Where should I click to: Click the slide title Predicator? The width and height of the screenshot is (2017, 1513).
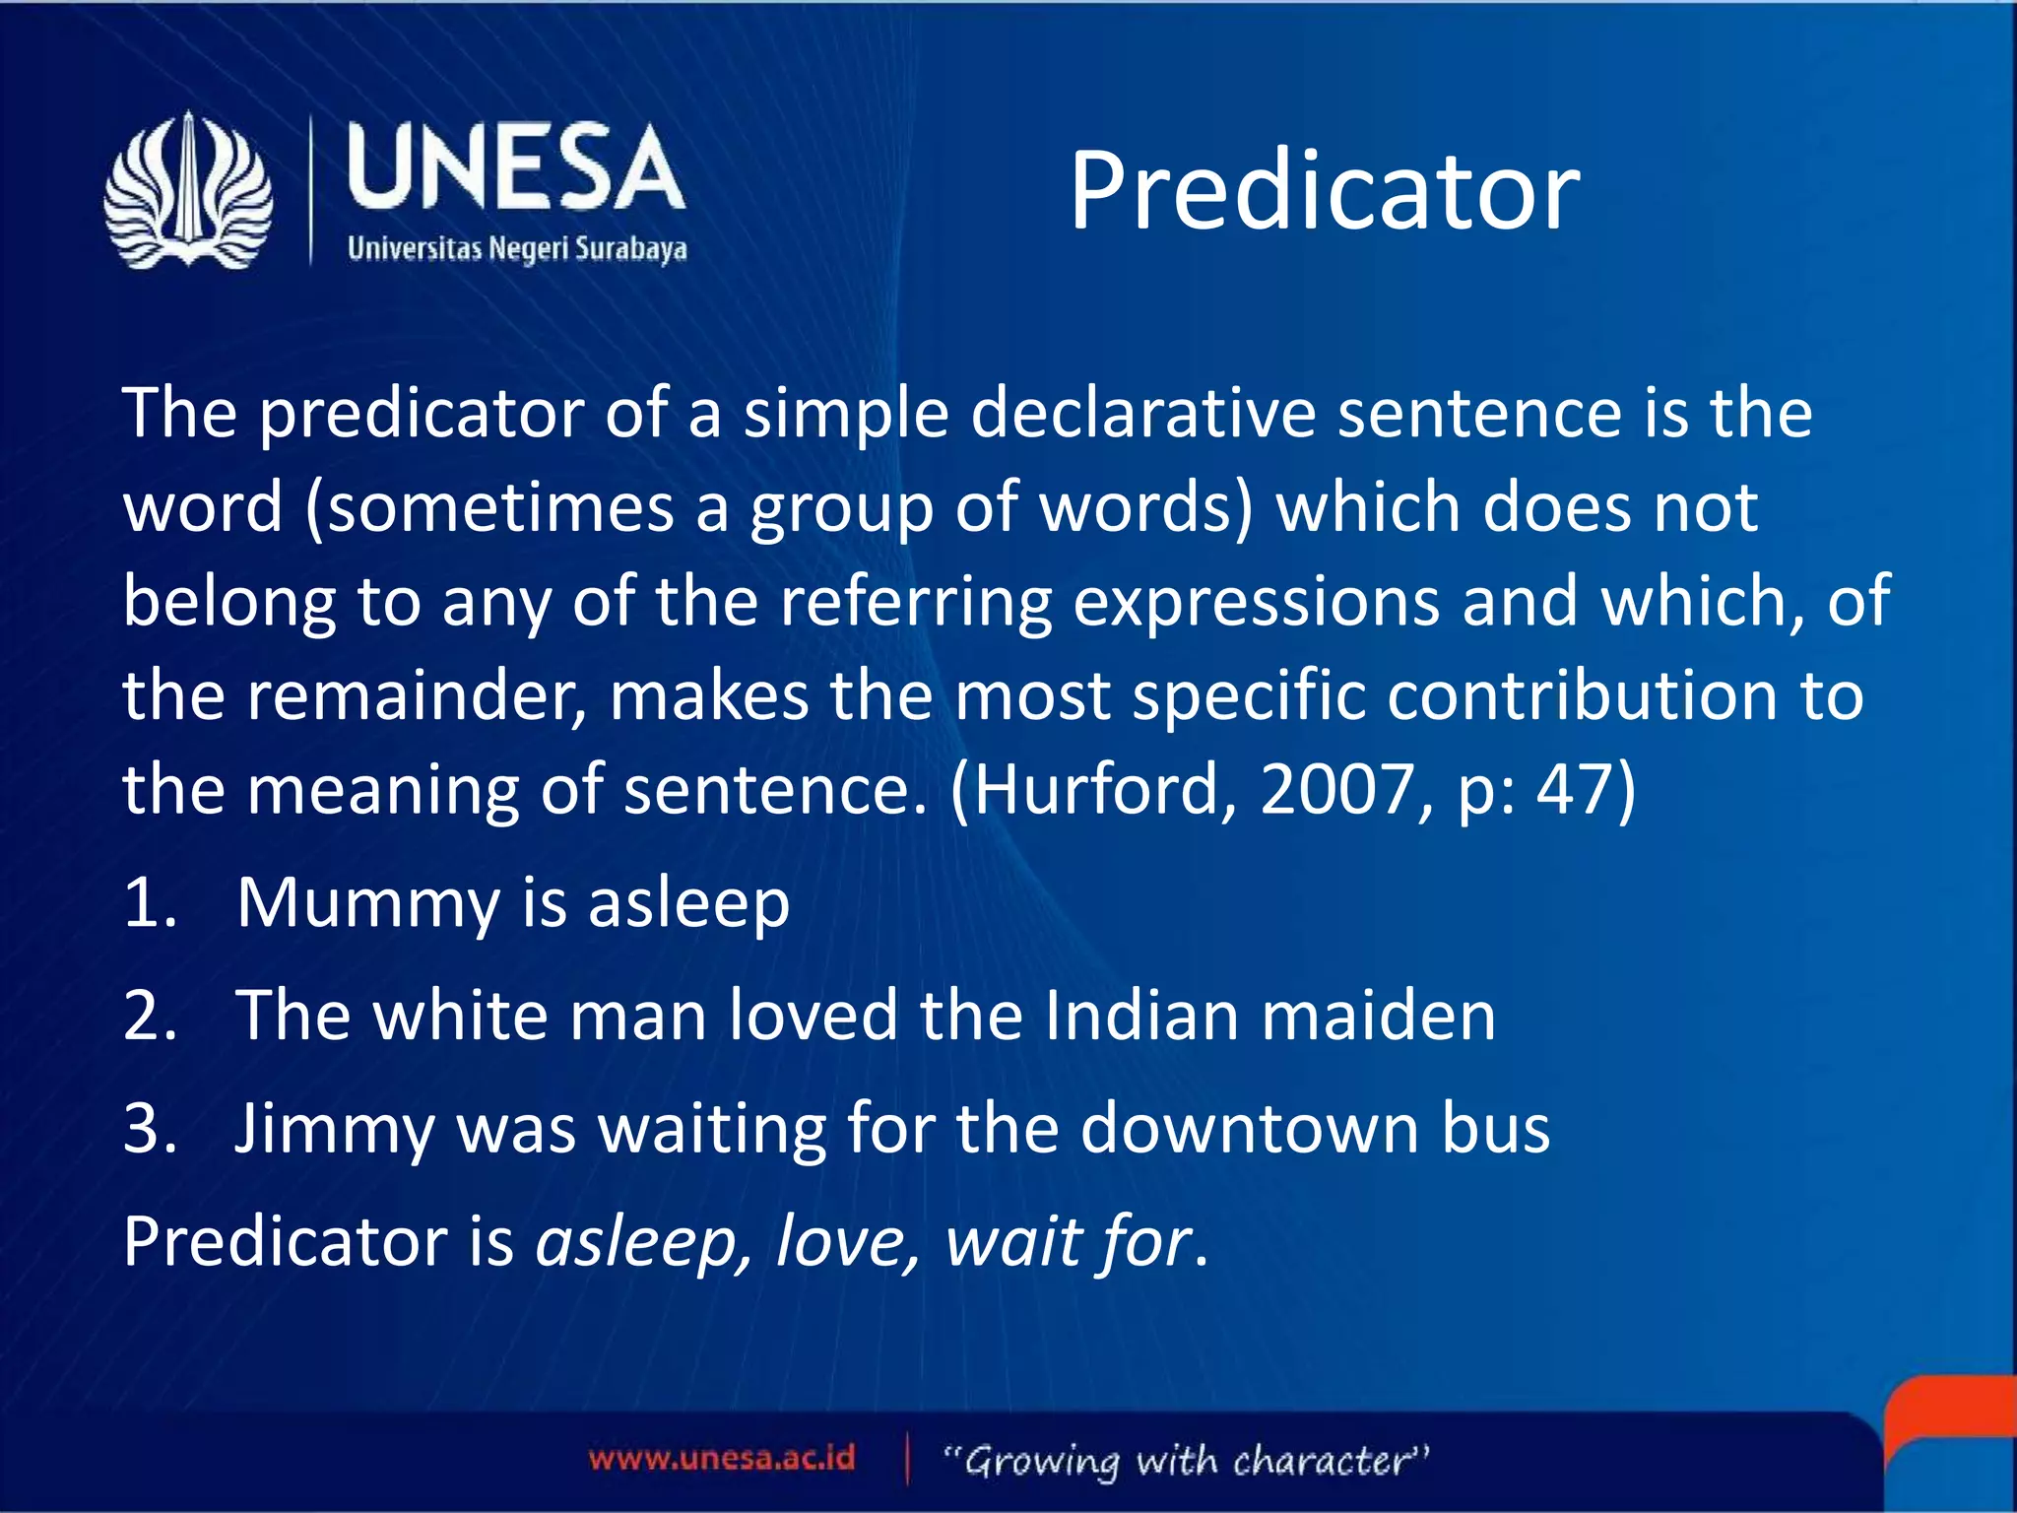[x=1324, y=191]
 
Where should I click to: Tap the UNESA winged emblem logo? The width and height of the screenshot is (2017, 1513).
[x=188, y=190]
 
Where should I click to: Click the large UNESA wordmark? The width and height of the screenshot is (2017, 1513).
[x=515, y=167]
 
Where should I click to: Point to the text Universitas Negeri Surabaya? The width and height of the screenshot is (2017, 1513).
[x=517, y=248]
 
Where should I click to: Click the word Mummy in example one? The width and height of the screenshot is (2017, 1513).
[x=367, y=904]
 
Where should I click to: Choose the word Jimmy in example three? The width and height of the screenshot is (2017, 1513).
[x=333, y=1130]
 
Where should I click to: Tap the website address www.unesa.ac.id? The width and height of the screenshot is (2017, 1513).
[x=722, y=1458]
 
